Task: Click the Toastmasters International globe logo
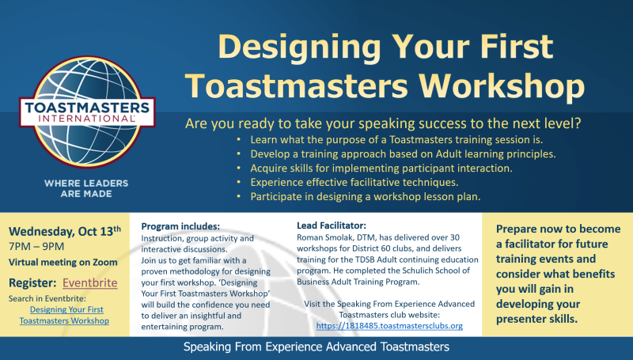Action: click(x=87, y=112)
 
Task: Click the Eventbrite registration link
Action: click(x=90, y=282)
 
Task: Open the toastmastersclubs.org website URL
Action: click(x=389, y=326)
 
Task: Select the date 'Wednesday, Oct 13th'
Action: click(x=65, y=231)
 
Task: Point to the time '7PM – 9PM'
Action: click(x=36, y=247)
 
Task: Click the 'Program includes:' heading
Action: click(x=180, y=226)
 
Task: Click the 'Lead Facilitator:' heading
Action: click(x=332, y=225)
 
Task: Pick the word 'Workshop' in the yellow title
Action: click(x=502, y=86)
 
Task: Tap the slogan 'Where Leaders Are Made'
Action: click(x=86, y=188)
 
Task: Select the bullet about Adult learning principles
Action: click(x=403, y=153)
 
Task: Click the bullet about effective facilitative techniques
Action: click(x=354, y=183)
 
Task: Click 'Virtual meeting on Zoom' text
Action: click(x=63, y=263)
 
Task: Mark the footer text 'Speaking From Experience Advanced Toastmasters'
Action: click(x=316, y=347)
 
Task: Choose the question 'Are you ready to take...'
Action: click(x=383, y=123)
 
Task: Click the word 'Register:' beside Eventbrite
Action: click(x=32, y=283)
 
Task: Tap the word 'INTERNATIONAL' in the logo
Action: click(x=87, y=119)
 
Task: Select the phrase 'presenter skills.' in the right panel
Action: click(x=536, y=319)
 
